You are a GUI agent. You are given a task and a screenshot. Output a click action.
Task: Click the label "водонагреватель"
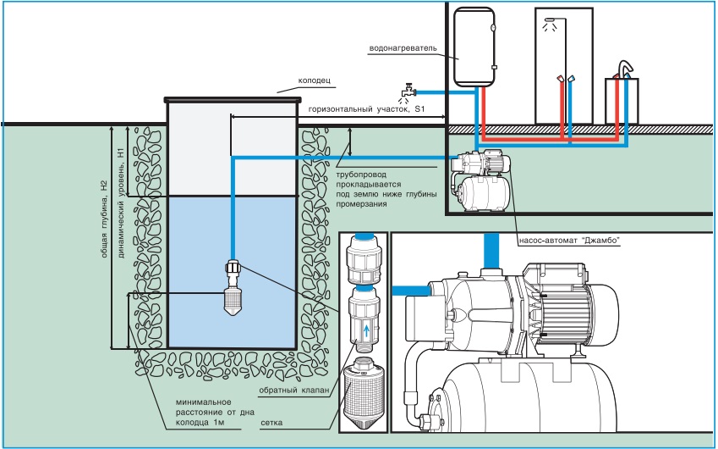pyautogui.click(x=403, y=48)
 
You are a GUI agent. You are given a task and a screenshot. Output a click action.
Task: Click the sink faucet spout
pyautogui.click(x=625, y=67)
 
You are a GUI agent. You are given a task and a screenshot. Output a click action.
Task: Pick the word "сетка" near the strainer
pyautogui.click(x=273, y=420)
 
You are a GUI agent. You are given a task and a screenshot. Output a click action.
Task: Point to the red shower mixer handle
pyautogui.click(x=560, y=79)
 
